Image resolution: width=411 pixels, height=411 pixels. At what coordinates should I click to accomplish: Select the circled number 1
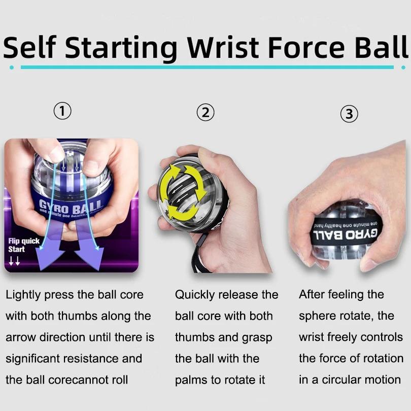click(x=62, y=111)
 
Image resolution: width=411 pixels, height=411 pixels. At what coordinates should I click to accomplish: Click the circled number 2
click(x=205, y=112)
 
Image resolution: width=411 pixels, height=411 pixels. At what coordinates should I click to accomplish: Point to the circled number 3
click(x=349, y=114)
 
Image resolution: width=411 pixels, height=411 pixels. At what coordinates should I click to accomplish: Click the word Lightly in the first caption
click(x=24, y=295)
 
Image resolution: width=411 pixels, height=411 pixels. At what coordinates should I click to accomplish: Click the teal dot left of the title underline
click(x=11, y=67)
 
